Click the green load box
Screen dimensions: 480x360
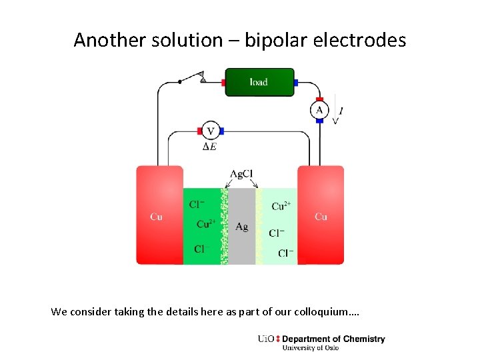(x=259, y=82)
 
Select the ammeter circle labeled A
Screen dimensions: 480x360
(x=319, y=110)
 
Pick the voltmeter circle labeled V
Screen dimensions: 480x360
(x=211, y=131)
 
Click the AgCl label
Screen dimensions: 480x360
(x=241, y=174)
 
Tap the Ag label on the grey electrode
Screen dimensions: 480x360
(x=241, y=227)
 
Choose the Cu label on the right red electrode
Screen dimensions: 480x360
(x=321, y=217)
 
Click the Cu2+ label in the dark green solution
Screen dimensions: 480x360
(x=207, y=224)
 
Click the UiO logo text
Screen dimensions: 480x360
(x=265, y=339)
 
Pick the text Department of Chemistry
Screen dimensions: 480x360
(x=333, y=339)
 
